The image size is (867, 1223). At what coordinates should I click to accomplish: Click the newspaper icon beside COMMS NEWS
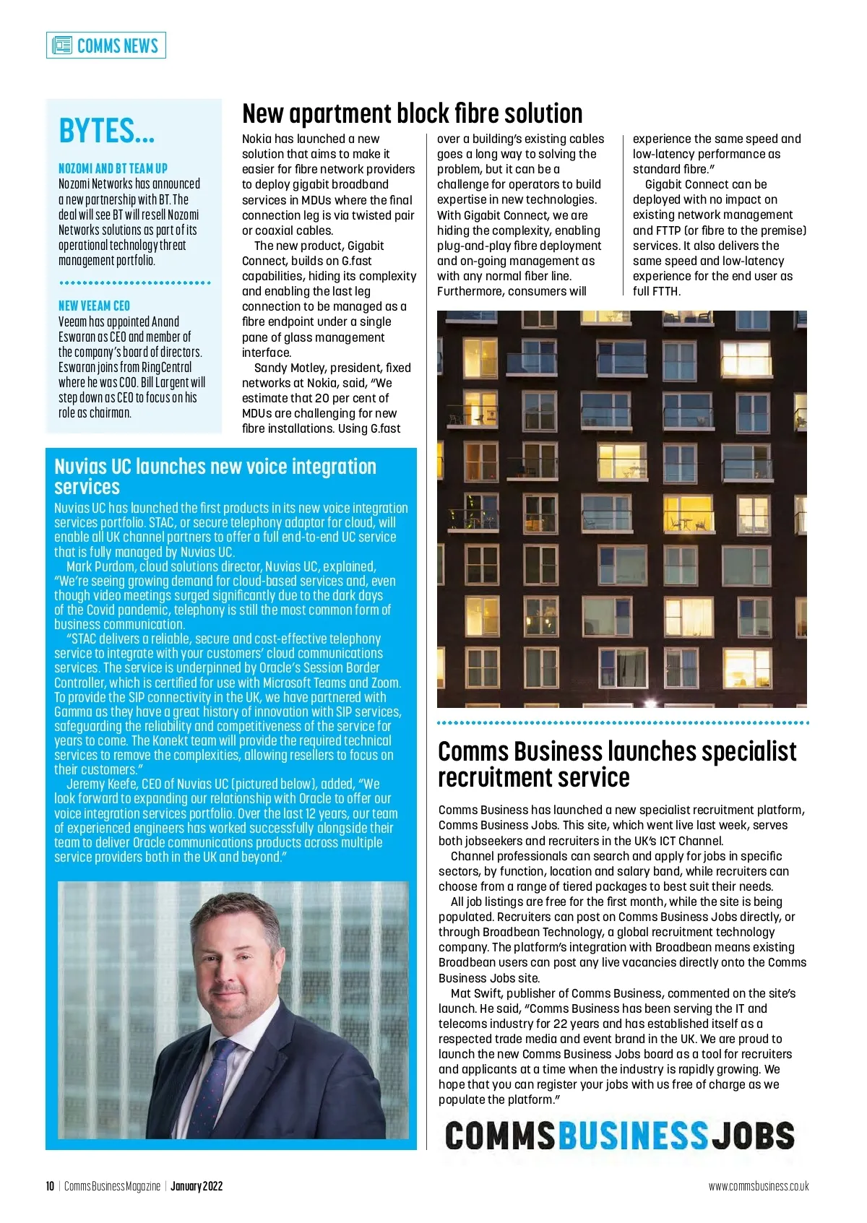[x=62, y=46]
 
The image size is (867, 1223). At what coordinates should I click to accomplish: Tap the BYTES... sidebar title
[x=106, y=131]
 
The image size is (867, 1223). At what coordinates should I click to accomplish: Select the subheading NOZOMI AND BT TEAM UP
[x=113, y=168]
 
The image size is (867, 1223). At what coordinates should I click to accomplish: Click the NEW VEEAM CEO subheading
[x=94, y=306]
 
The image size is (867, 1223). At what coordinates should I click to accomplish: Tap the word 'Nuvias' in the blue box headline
[x=79, y=467]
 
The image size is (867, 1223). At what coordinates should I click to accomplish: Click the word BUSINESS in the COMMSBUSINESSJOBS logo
[x=633, y=1136]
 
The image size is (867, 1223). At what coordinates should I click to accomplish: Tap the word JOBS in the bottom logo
[x=754, y=1136]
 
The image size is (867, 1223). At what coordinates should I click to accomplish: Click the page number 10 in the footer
[x=50, y=1186]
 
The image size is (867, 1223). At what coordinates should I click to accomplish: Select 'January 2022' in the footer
[x=197, y=1186]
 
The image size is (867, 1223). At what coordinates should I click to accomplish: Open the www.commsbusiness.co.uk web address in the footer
[x=758, y=1186]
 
